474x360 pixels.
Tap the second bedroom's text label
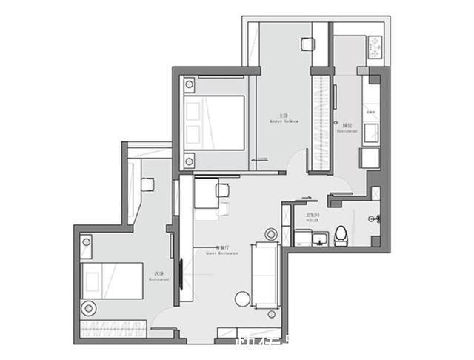coord(159,277)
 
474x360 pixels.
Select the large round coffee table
coord(243,300)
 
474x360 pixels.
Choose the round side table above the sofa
coord(271,234)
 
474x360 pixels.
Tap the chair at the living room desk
coord(221,190)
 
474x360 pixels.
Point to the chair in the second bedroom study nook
coord(147,184)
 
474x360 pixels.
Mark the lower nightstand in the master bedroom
coord(190,159)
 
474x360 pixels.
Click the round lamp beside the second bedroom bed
coord(89,307)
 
